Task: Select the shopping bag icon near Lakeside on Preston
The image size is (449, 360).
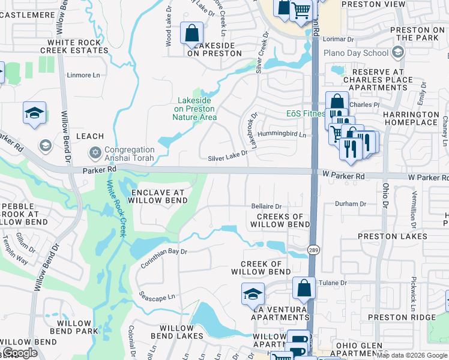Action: pos(191,34)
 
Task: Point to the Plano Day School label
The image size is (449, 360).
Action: pos(356,53)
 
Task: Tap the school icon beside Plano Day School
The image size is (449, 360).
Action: pos(397,53)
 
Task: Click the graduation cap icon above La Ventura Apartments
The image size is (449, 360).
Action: pos(253,294)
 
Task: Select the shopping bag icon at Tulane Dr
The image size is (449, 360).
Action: pos(304,289)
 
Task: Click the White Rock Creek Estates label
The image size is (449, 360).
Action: pos(77,47)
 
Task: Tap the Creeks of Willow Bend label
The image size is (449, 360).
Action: pos(280,220)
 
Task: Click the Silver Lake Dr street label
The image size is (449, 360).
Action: pos(228,157)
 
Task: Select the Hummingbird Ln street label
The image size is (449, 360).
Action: pos(282,135)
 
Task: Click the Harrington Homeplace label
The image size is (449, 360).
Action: pos(412,118)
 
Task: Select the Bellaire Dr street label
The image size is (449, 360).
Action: pos(267,206)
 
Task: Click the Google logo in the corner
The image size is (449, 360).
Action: pos(20,353)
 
